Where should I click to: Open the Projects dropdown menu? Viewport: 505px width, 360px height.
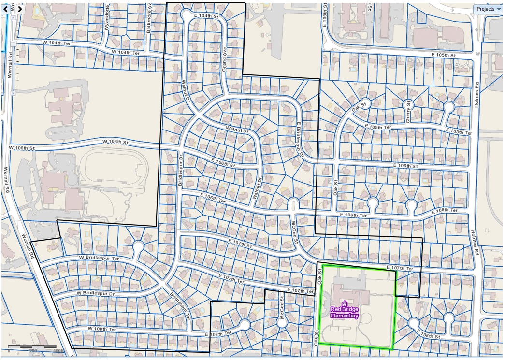click(x=488, y=9)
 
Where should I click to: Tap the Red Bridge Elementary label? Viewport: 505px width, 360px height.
click(x=345, y=313)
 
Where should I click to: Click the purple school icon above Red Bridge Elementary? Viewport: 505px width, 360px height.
click(x=344, y=302)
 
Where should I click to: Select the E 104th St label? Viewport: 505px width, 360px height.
click(x=206, y=16)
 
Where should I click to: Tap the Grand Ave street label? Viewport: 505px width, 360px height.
click(x=224, y=63)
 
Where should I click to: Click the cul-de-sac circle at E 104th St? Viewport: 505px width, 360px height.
click(x=188, y=16)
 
